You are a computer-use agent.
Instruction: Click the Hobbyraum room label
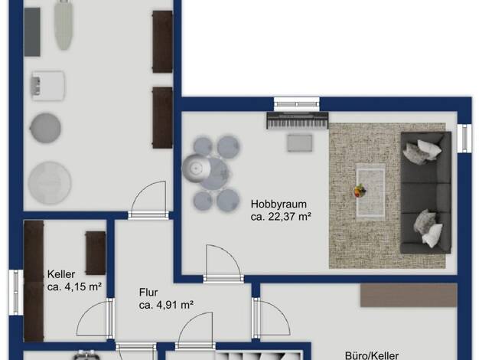tap(279, 204)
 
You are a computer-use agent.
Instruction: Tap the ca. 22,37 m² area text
tap(281, 217)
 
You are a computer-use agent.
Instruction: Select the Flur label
tap(148, 292)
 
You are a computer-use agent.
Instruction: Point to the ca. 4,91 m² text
tap(166, 305)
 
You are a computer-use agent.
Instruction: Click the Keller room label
tap(61, 274)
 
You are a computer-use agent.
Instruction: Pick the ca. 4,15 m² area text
tap(74, 287)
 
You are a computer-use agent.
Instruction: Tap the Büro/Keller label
tap(372, 355)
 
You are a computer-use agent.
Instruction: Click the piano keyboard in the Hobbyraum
tap(298, 120)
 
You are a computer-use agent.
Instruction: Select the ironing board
tap(64, 25)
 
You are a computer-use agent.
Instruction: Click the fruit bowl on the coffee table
tap(360, 191)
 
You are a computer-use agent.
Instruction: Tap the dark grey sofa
tap(426, 193)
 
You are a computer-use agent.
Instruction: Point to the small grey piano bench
tap(300, 142)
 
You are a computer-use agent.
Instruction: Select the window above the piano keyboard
tap(297, 104)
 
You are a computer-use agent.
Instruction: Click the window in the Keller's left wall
tap(15, 292)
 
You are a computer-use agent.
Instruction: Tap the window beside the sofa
tap(464, 138)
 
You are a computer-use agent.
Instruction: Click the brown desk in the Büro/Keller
tap(409, 295)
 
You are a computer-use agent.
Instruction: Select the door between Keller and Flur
tap(111, 318)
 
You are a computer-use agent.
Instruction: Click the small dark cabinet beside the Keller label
tap(96, 253)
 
